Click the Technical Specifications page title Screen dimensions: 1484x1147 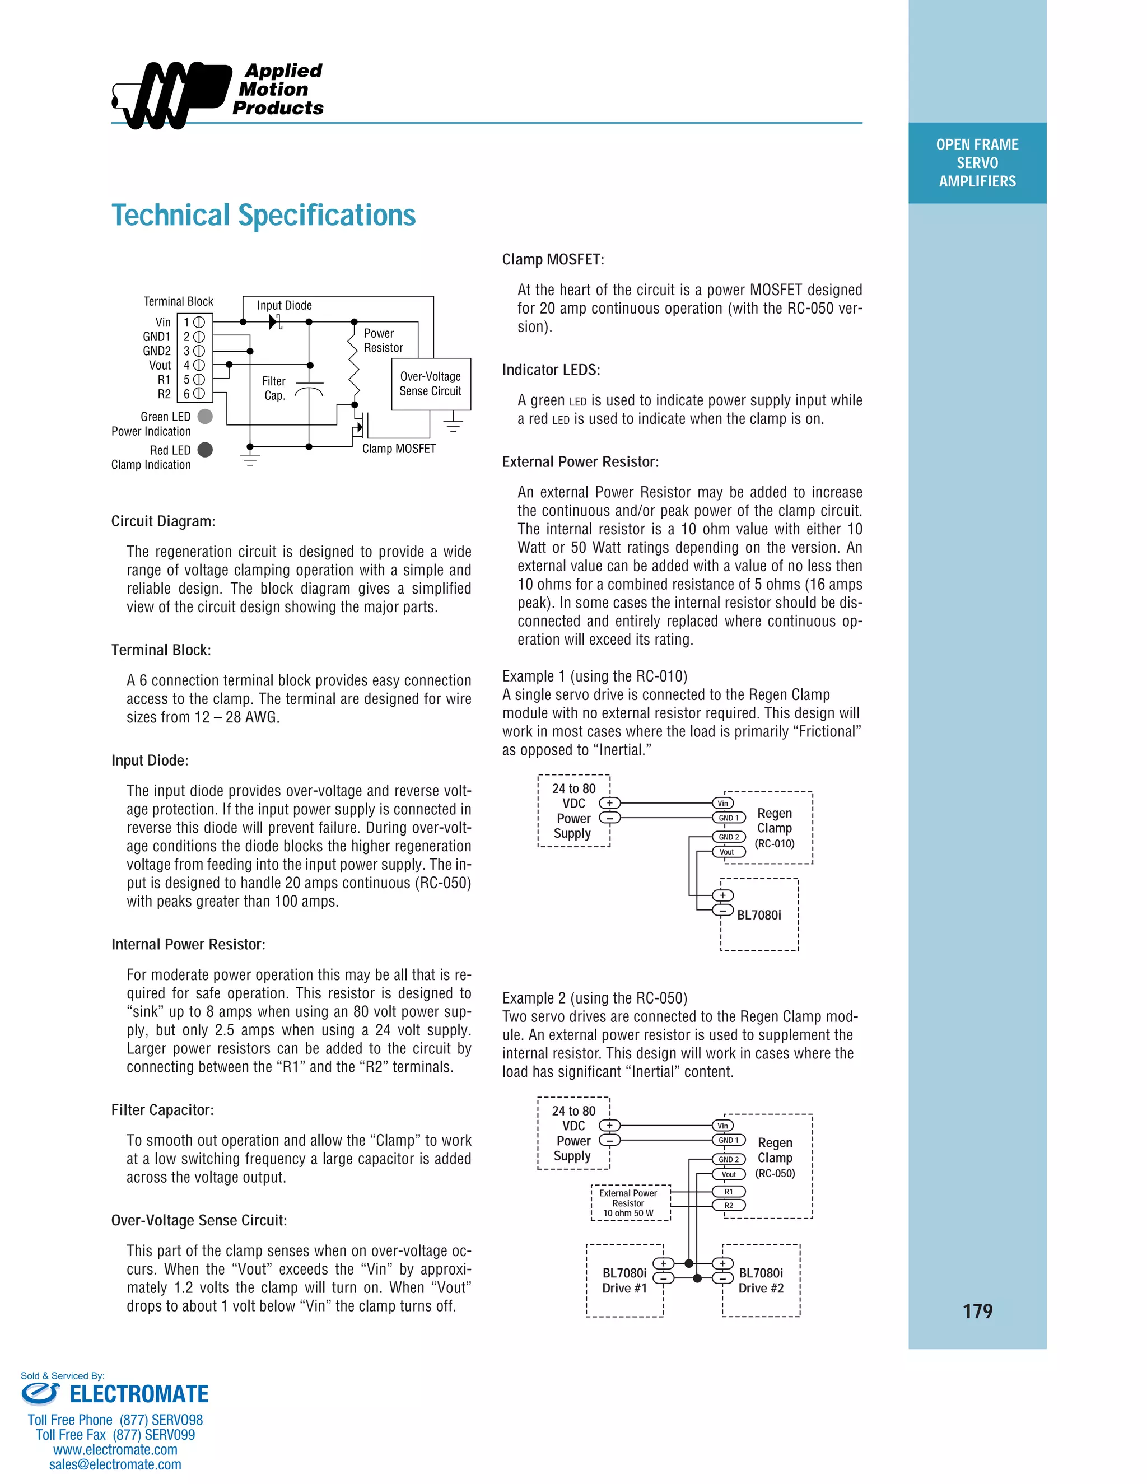pyautogui.click(x=263, y=216)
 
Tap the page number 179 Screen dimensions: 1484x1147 pyautogui.click(x=977, y=1311)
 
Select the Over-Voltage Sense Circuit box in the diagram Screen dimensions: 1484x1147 pyautogui.click(x=431, y=384)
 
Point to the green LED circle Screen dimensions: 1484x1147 pyautogui.click(x=204, y=417)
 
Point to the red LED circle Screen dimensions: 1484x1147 pyautogui.click(x=204, y=450)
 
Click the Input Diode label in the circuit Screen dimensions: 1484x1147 pyautogui.click(x=284, y=306)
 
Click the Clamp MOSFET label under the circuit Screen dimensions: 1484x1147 pyautogui.click(x=399, y=449)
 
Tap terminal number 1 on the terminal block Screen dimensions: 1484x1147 pyautogui.click(x=194, y=322)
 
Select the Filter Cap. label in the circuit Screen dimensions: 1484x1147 pyautogui.click(x=274, y=389)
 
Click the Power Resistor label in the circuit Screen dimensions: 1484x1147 pyautogui.click(x=383, y=340)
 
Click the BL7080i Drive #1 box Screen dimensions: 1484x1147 pyautogui.click(x=624, y=1280)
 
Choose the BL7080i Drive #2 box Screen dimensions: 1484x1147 pyautogui.click(x=761, y=1280)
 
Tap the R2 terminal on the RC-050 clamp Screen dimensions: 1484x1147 pyautogui.click(x=729, y=1206)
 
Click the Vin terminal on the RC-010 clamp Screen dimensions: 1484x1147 pyautogui.click(x=723, y=803)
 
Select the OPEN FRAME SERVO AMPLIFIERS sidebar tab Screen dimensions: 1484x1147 pyautogui.click(x=977, y=163)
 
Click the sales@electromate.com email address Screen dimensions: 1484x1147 pyautogui.click(x=115, y=1464)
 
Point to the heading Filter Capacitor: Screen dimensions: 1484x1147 pyautogui.click(x=162, y=1109)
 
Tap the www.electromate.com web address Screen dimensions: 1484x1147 pyautogui.click(x=115, y=1449)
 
